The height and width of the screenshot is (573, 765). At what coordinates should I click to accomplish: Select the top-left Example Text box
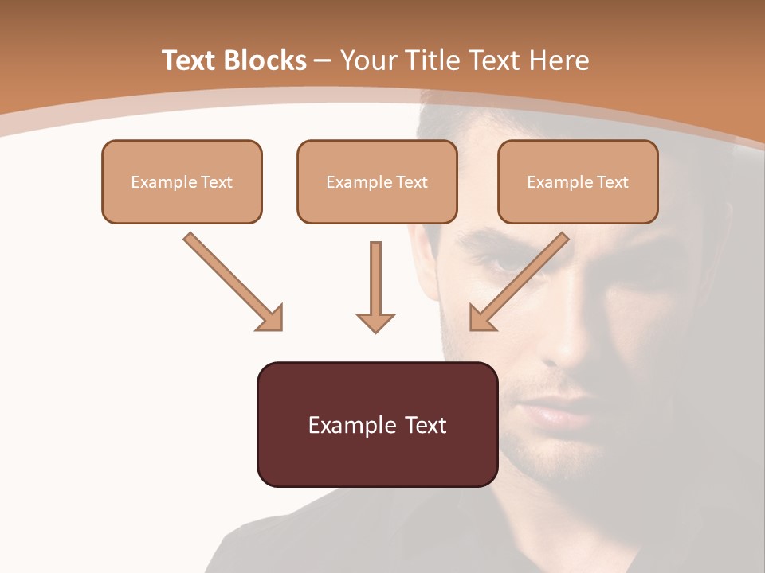pos(182,182)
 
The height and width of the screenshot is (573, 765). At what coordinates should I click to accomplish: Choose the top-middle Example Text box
pos(377,182)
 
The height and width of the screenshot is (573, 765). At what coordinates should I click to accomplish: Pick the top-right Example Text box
pos(578,182)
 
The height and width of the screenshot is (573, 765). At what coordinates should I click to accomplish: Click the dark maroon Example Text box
pos(377,424)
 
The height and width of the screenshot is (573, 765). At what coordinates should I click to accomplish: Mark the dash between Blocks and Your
pos(323,60)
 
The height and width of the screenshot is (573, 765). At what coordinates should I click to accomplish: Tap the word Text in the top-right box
pos(612,182)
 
